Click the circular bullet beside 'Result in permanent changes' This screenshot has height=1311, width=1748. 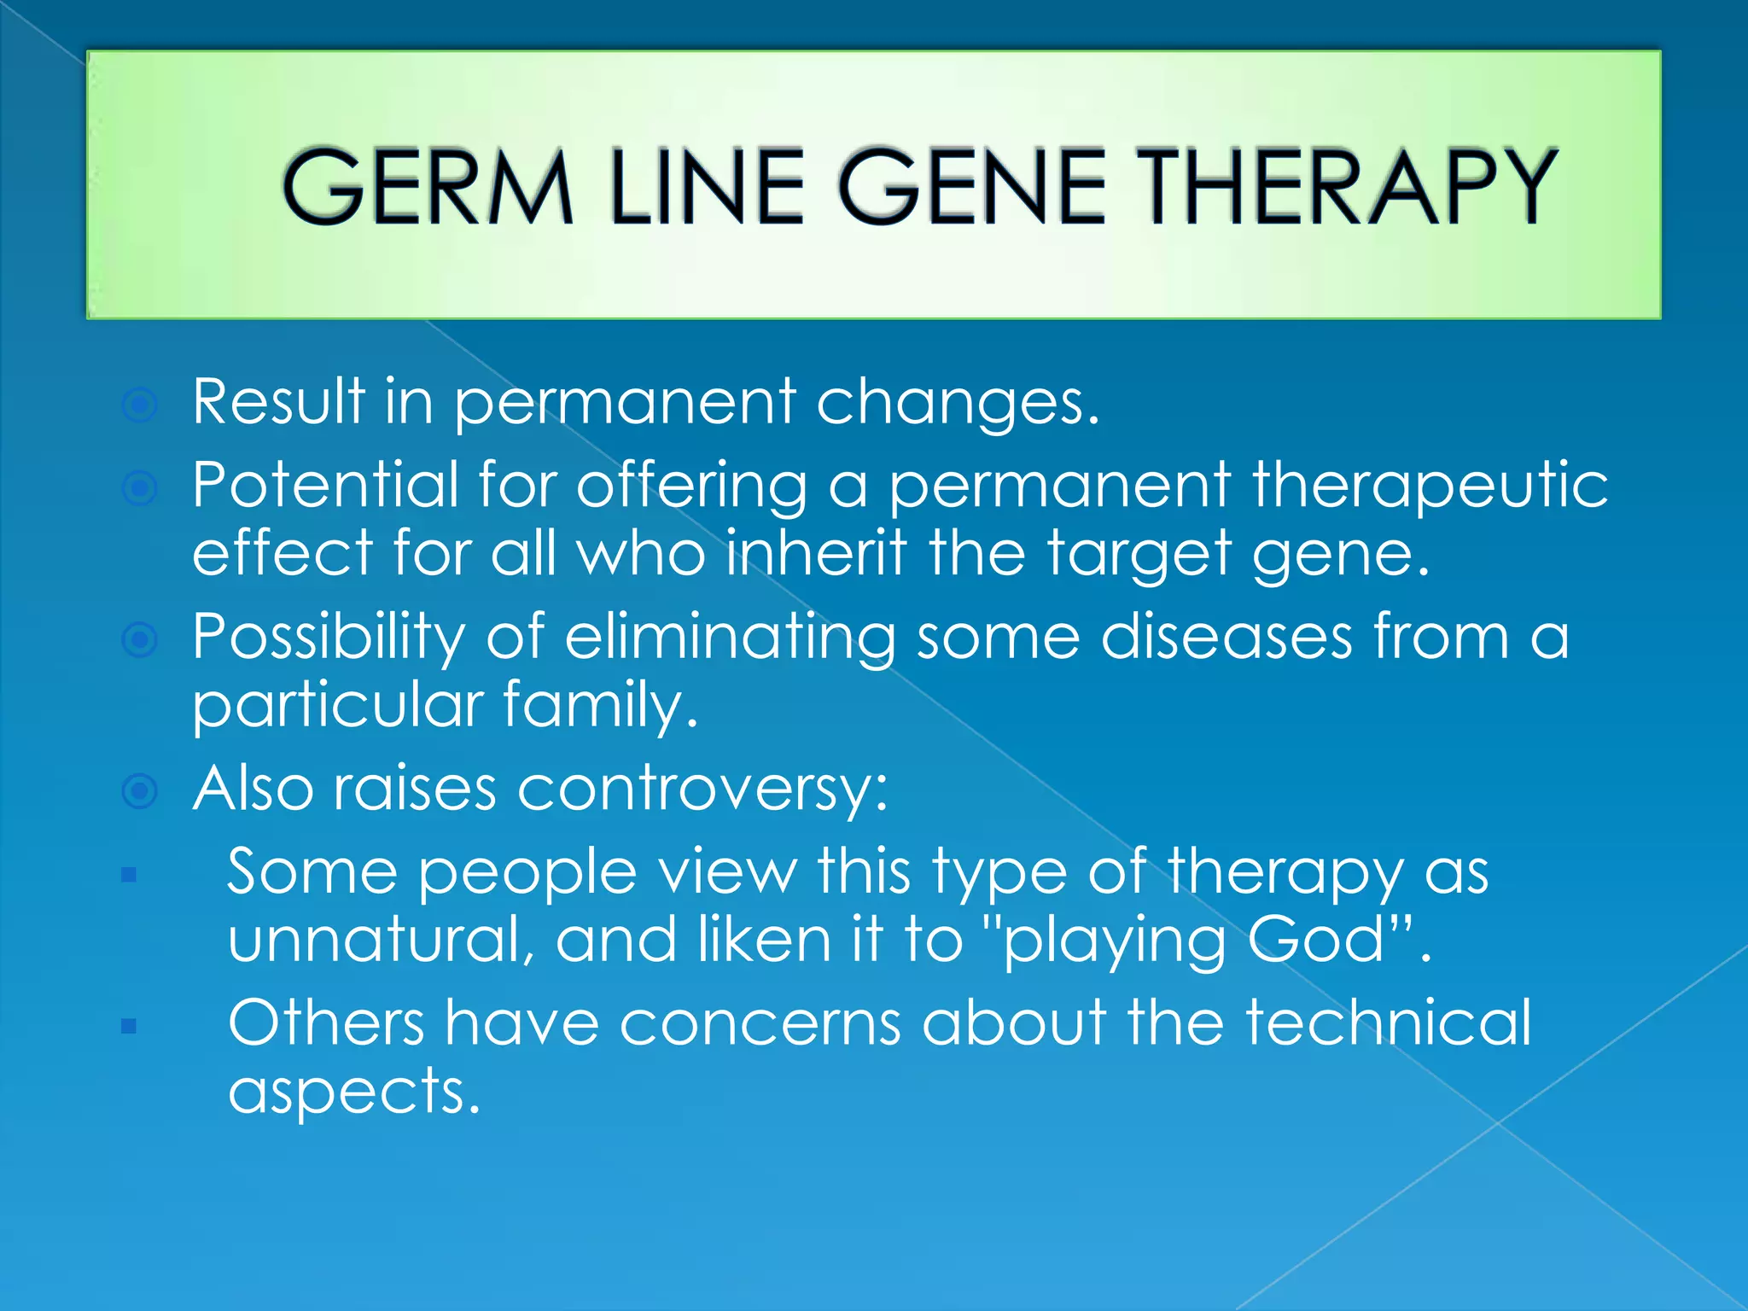[x=140, y=405]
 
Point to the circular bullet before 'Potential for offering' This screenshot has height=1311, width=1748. [x=140, y=488]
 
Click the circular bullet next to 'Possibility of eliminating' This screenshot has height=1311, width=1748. [x=140, y=639]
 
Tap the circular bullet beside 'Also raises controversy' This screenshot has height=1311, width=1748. [x=140, y=790]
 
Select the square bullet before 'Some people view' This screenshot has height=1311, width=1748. [x=129, y=874]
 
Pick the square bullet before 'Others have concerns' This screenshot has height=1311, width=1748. [x=129, y=1025]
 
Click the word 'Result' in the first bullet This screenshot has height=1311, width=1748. [x=278, y=401]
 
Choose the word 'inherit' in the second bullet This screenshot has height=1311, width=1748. [x=816, y=553]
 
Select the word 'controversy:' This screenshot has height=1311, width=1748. [x=702, y=789]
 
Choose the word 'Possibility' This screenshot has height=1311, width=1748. [x=329, y=638]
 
